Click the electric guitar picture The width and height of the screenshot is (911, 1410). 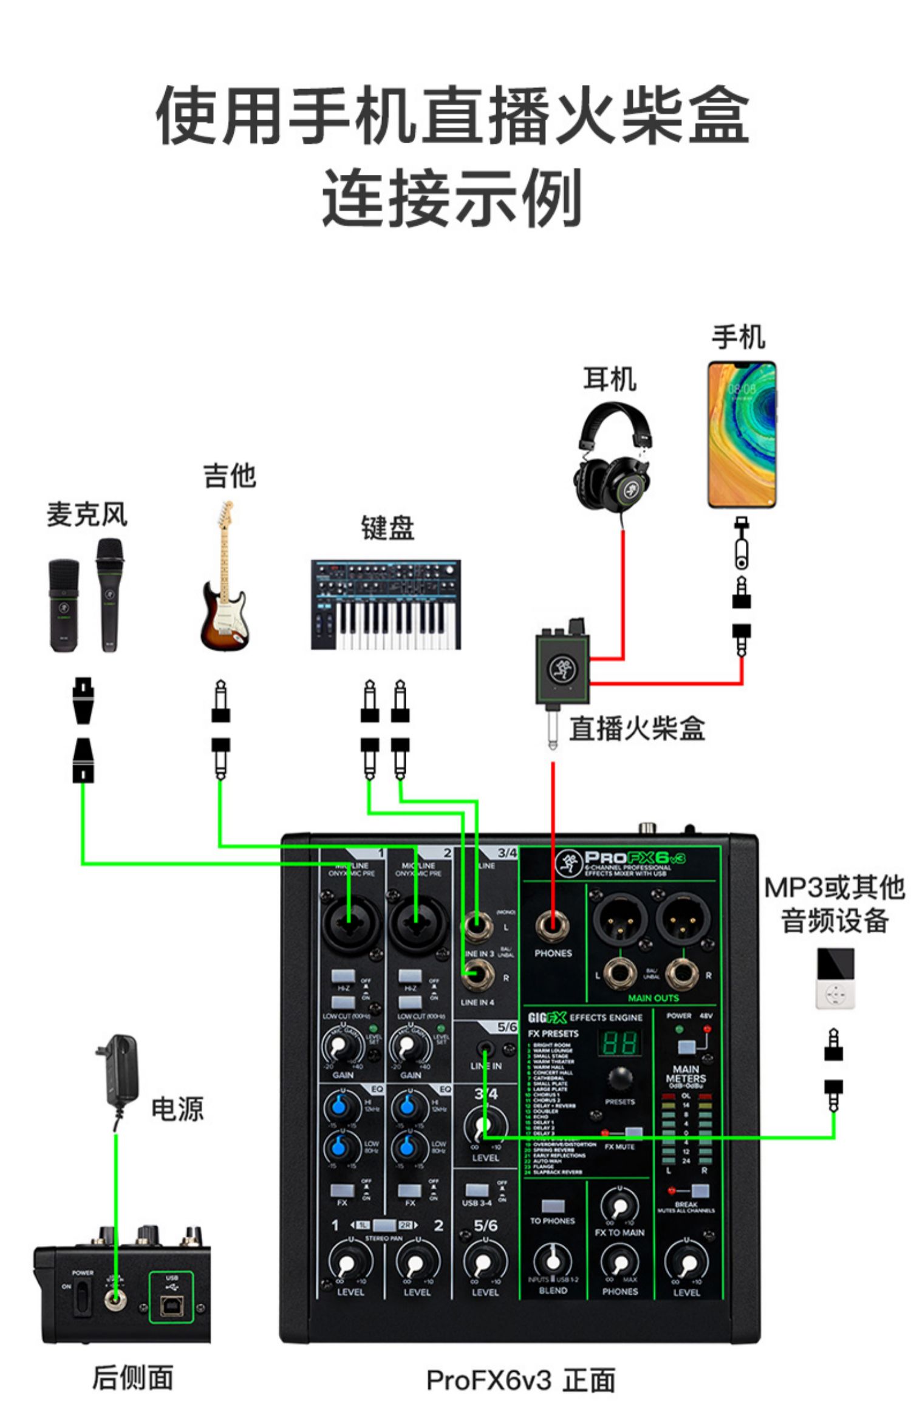tap(224, 577)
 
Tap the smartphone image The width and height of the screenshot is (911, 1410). tap(742, 435)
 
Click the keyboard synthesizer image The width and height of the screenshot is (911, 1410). tap(386, 605)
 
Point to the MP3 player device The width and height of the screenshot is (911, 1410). tap(834, 978)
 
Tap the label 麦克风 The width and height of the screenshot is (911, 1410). tap(87, 515)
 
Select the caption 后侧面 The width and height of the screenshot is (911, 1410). tap(132, 1377)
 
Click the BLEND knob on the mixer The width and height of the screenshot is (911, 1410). tap(553, 1262)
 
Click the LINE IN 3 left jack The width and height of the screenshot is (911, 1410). tap(478, 928)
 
